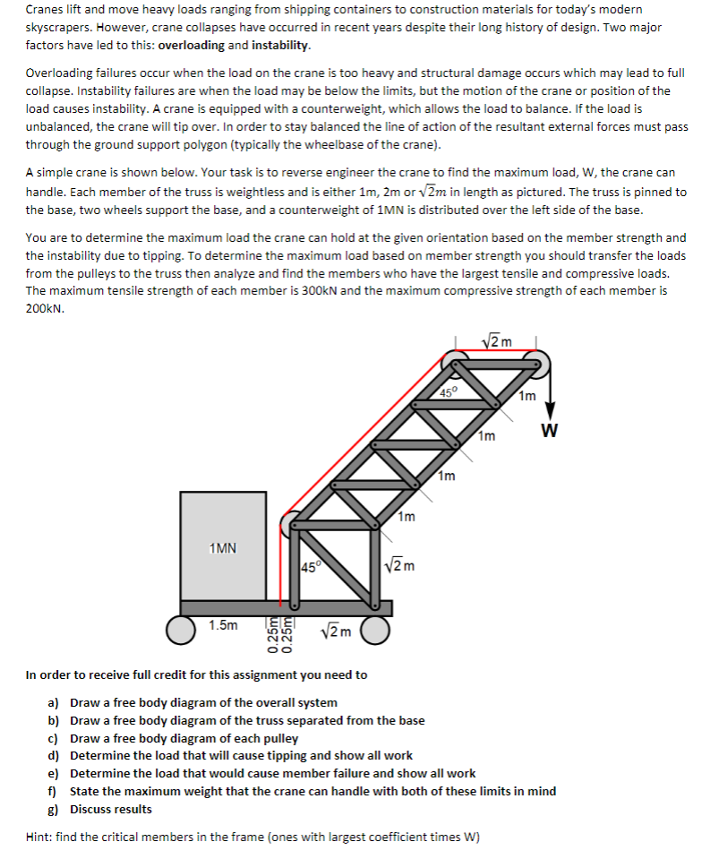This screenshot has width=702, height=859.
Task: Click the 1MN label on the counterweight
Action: (x=223, y=547)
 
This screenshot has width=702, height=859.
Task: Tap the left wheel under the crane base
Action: (x=184, y=630)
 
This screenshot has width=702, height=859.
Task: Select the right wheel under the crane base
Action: (x=375, y=630)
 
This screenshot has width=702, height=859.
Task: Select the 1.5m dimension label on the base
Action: (x=223, y=624)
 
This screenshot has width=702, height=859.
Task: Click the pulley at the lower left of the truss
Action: (x=292, y=525)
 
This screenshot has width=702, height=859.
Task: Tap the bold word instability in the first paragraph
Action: (x=281, y=45)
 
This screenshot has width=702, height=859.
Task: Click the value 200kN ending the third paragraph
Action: (x=45, y=308)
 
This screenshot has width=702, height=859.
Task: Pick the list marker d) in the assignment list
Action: (x=54, y=755)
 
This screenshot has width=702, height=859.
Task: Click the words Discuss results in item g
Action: (x=111, y=809)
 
